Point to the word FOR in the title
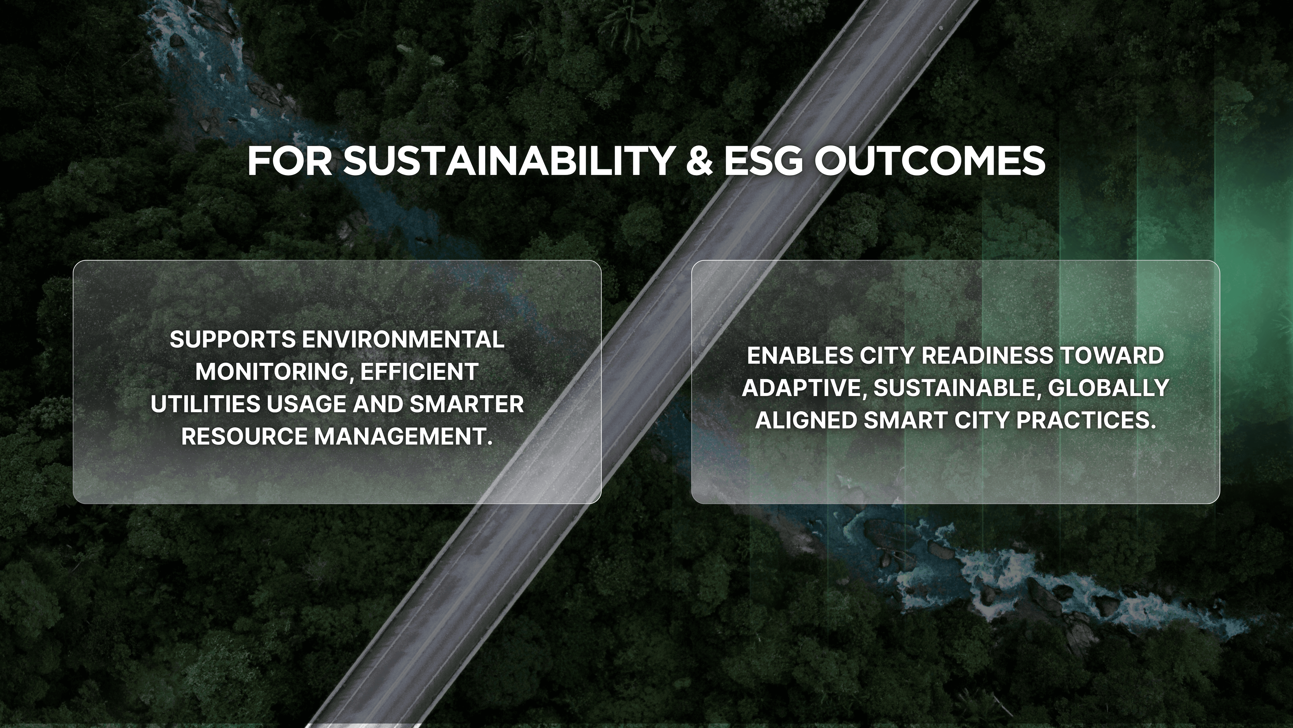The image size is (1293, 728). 290,161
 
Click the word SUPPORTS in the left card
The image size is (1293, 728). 232,340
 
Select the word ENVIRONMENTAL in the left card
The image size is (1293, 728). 403,340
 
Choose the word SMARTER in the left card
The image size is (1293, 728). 467,404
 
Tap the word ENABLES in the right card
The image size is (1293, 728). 800,356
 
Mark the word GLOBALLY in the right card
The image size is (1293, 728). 1109,388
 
